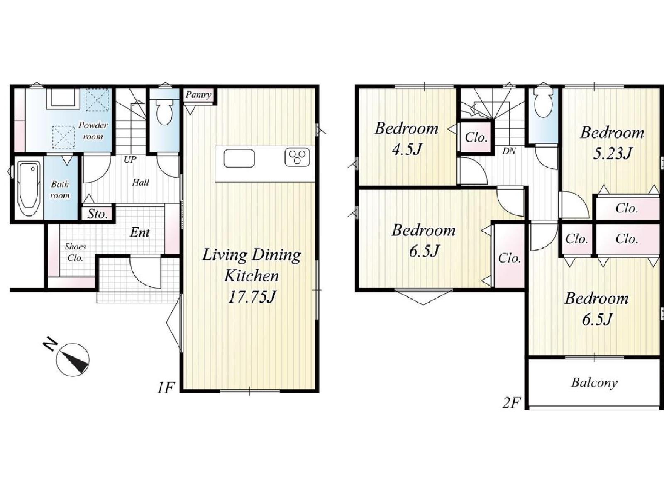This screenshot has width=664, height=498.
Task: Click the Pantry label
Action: [x=198, y=95]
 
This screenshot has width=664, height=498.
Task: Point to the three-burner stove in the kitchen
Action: [x=297, y=157]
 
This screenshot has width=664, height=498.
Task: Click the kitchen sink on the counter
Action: [x=239, y=159]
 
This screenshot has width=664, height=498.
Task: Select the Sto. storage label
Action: [x=97, y=214]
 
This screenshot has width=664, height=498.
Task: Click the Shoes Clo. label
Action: [x=76, y=252]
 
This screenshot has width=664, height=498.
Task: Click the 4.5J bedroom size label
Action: [x=406, y=149]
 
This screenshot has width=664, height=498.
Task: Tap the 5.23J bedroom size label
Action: [x=612, y=153]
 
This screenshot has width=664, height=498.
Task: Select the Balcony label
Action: [x=594, y=383]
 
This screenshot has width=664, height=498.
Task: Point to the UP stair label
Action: [x=130, y=159]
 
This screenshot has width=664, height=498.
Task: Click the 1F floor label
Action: [x=166, y=388]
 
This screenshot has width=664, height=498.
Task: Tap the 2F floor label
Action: [x=511, y=403]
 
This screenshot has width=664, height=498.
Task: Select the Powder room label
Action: [x=93, y=131]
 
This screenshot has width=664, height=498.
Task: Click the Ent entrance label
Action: [x=139, y=232]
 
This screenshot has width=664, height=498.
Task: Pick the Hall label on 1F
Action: [x=141, y=182]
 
